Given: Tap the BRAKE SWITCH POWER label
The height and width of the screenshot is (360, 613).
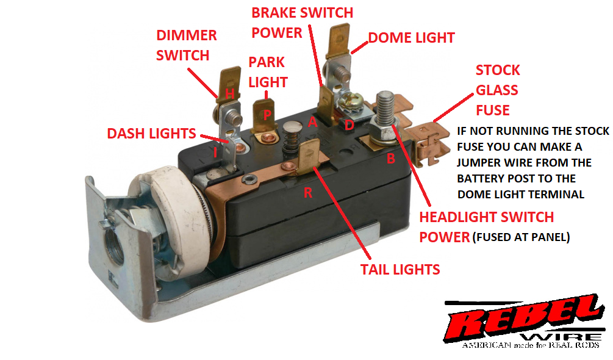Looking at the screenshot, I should tap(302, 22).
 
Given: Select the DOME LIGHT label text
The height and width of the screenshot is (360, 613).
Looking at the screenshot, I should tap(411, 38).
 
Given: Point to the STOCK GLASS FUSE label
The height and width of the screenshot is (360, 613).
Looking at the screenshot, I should tap(497, 90).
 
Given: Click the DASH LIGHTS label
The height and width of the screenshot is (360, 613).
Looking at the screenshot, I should tap(152, 134).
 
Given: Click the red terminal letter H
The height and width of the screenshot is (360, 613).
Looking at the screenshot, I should tap(229, 93).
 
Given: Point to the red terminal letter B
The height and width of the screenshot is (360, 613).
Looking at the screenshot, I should tap(392, 158).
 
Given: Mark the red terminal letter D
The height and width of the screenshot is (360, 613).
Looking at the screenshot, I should tap(349, 125).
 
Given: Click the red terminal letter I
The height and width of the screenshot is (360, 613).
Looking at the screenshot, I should tap(215, 151).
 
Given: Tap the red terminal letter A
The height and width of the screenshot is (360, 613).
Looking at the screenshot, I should tap(313, 122).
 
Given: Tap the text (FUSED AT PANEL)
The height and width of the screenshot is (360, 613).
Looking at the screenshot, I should tap(521, 237).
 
